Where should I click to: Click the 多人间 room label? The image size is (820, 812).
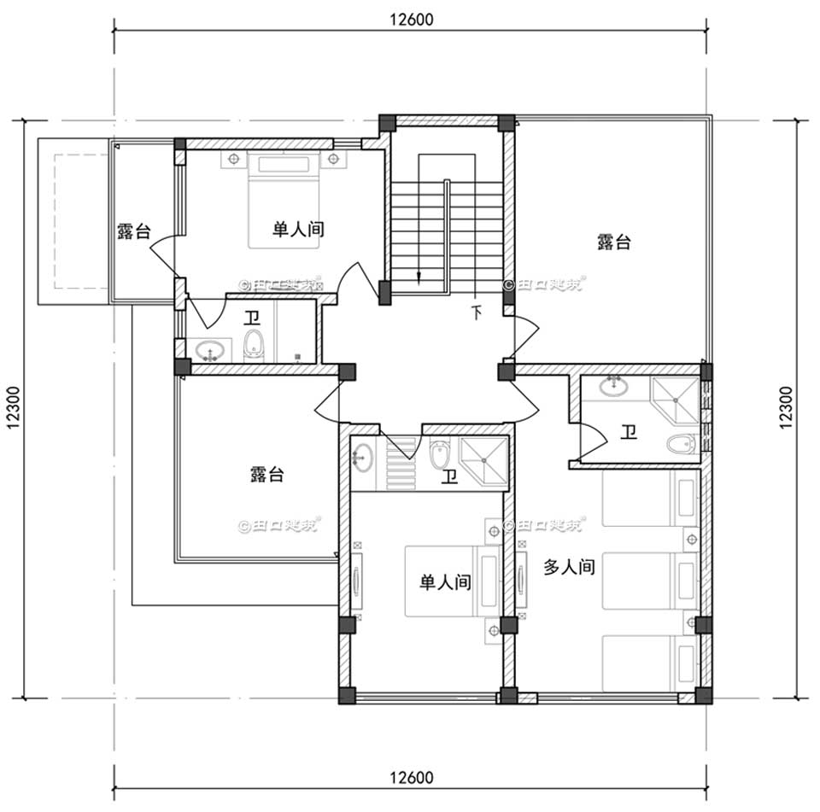(x=569, y=567)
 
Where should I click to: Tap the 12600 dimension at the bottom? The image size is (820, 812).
(x=411, y=778)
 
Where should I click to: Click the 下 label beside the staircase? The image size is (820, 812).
(x=476, y=313)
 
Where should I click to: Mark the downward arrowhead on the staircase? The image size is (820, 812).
(x=419, y=276)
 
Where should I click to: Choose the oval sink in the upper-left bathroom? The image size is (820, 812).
(x=209, y=349)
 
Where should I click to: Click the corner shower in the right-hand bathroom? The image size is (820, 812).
(x=674, y=397)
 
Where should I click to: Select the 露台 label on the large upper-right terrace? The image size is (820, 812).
(x=613, y=242)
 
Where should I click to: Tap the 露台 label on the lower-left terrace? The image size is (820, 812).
(x=267, y=474)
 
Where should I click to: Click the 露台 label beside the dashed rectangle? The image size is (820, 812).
(x=134, y=231)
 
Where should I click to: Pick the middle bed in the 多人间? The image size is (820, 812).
(x=649, y=578)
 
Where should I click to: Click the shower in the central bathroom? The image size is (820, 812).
(x=484, y=461)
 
